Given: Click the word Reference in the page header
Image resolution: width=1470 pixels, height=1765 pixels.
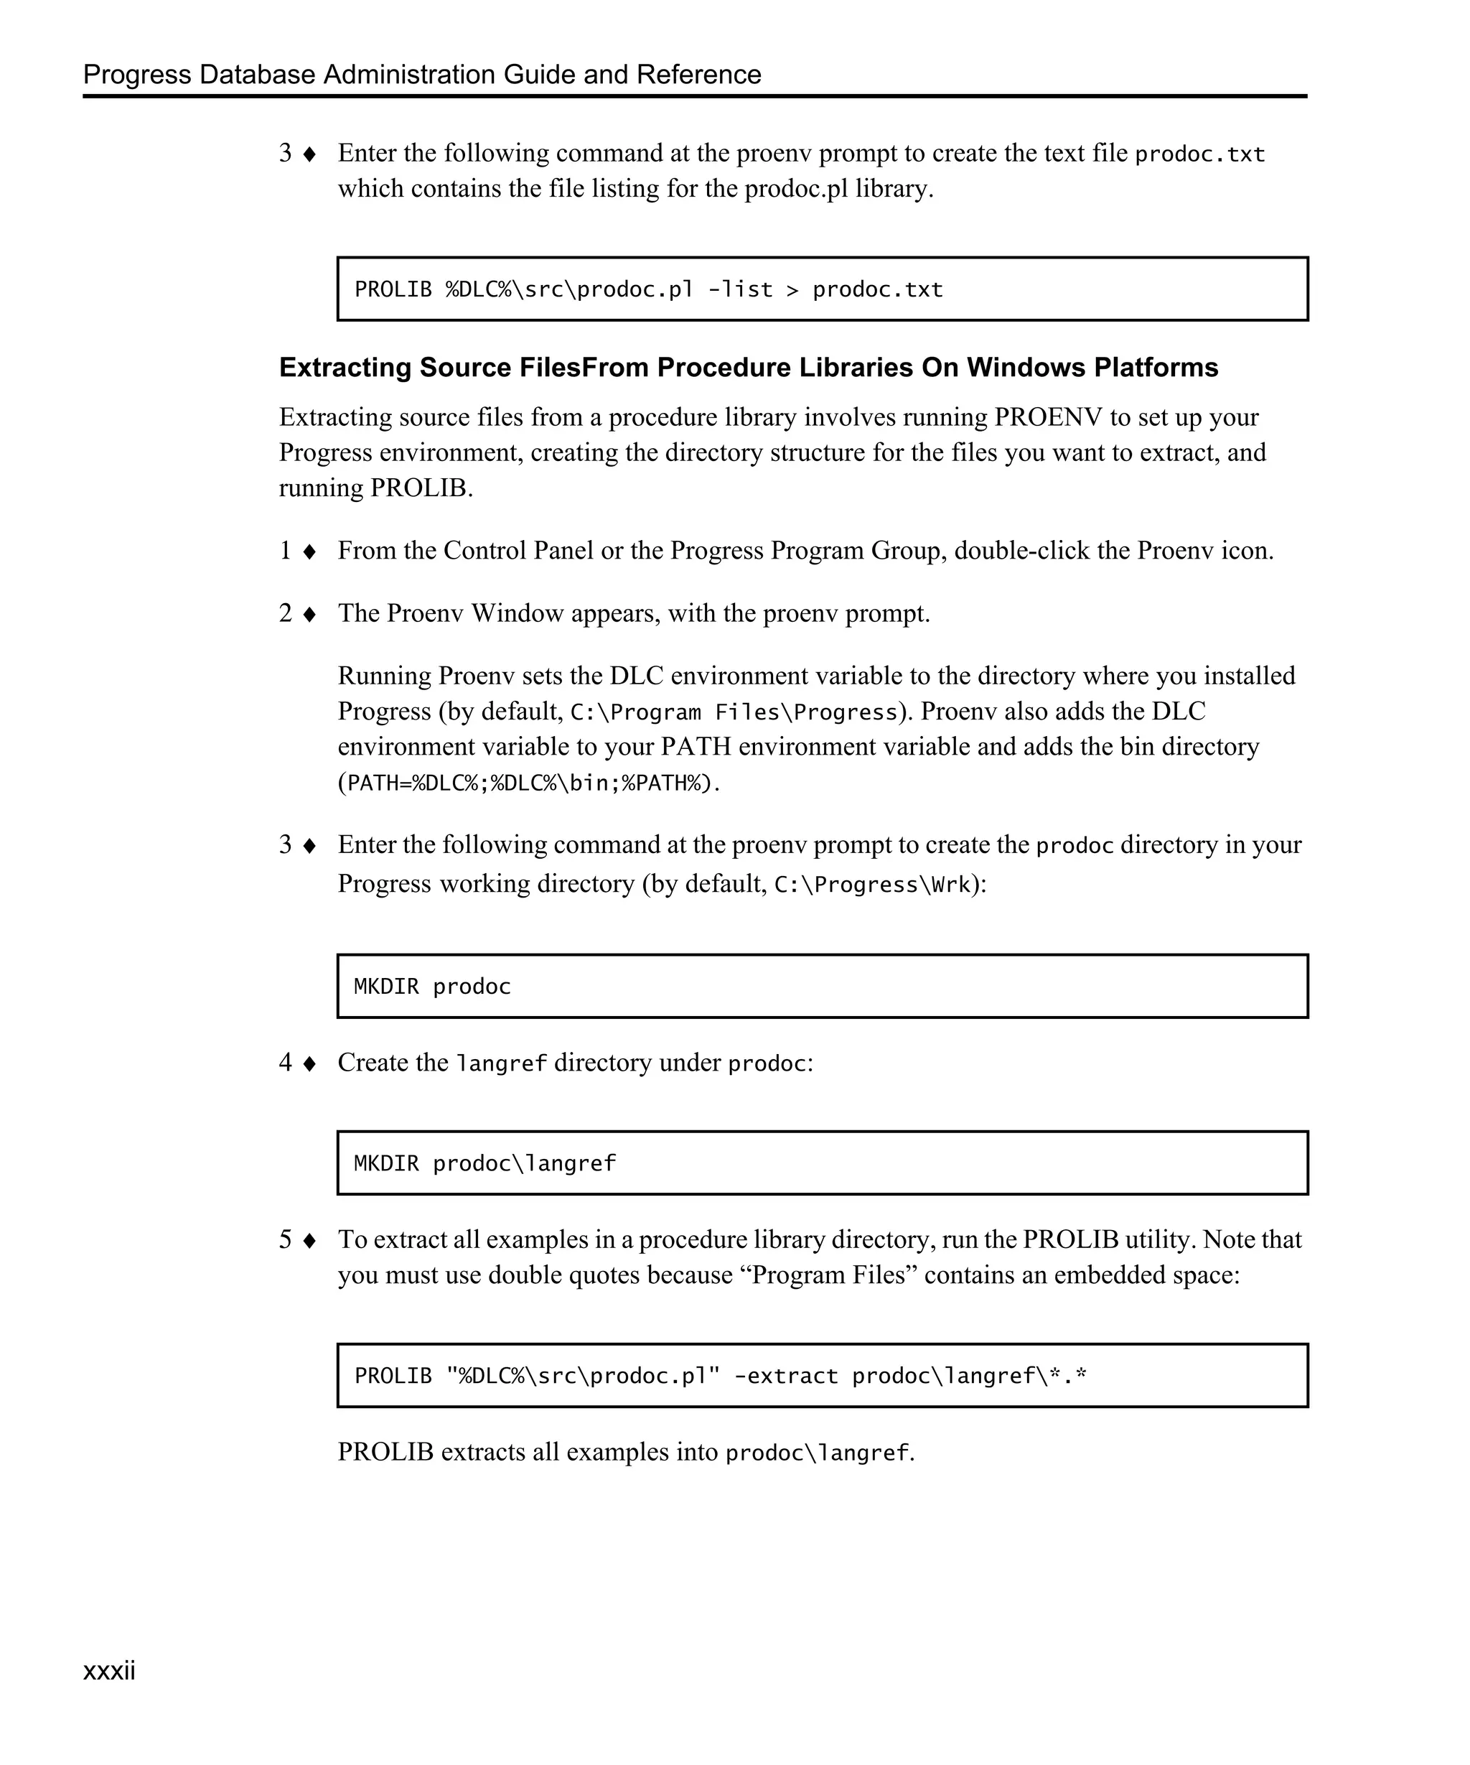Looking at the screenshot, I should [x=698, y=75].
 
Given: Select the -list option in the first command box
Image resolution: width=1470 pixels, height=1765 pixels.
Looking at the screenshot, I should [x=740, y=290].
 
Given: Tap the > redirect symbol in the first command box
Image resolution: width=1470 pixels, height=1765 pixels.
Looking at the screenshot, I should [x=792, y=291].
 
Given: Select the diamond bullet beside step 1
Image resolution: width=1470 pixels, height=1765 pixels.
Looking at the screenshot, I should [x=309, y=551].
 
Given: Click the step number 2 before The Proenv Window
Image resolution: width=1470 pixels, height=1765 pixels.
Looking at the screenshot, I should [x=286, y=613].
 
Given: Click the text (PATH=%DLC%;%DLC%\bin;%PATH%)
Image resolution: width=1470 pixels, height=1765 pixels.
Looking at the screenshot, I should [x=528, y=783].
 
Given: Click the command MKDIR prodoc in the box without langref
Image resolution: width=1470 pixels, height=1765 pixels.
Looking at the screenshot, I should [x=432, y=986].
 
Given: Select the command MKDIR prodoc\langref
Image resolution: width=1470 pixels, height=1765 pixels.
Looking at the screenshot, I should [x=484, y=1163].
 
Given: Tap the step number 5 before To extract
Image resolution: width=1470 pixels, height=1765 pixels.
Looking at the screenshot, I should [x=286, y=1239].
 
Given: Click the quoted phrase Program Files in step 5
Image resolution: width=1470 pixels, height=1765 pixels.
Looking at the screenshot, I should [x=828, y=1275].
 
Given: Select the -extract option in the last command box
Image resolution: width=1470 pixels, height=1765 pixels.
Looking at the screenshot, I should [x=785, y=1376].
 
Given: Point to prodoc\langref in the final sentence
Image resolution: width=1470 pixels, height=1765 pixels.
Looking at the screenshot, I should [x=817, y=1453].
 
